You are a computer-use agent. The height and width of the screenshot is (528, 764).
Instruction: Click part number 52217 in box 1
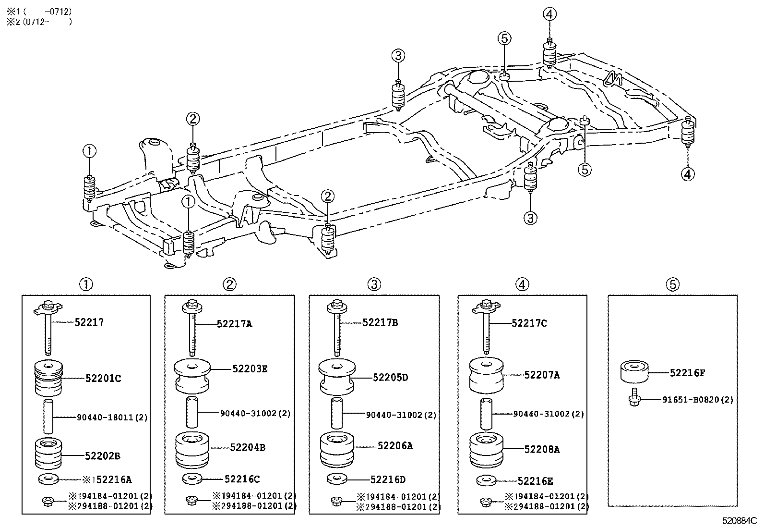[x=89, y=322]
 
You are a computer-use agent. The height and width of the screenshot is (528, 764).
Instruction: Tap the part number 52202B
[x=102, y=456]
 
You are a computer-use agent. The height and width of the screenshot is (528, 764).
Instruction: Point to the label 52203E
[x=250, y=369]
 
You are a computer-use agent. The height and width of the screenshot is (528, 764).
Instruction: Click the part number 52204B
[x=247, y=447]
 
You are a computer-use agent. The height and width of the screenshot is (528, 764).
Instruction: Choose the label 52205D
[x=390, y=378]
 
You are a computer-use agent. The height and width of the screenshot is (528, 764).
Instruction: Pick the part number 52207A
[x=542, y=375]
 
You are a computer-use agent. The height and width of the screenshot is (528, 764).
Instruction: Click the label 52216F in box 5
[x=687, y=372]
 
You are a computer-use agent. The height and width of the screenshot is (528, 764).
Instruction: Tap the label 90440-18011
[x=112, y=417]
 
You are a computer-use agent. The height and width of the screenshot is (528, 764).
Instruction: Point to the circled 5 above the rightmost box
[x=673, y=285]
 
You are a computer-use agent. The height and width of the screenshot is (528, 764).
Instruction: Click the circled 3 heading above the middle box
[x=374, y=285]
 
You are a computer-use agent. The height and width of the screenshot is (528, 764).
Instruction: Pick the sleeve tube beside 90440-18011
[x=48, y=416]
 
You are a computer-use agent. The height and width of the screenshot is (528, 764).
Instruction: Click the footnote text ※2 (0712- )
[x=38, y=22]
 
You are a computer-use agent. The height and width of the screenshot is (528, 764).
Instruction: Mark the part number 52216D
[x=388, y=479]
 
